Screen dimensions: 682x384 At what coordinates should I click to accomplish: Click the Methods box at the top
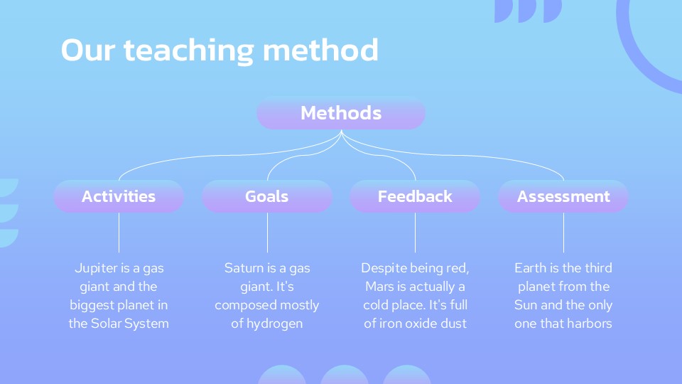coord(341,113)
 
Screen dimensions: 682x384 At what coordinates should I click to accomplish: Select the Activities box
coord(119,196)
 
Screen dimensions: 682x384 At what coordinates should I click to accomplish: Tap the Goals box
coord(267,196)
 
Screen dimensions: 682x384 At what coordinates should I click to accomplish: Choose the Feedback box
coord(415,196)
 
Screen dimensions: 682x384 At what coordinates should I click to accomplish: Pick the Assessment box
coord(563,196)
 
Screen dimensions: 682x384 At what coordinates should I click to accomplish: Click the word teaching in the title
coord(188,50)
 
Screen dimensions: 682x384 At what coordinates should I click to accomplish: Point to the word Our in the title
coord(88,50)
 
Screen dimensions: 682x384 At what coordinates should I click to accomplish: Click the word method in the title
coord(320,50)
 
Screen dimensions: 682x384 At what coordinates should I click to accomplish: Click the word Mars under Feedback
coord(379,287)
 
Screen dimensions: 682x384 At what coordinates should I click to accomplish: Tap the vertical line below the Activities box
coord(119,233)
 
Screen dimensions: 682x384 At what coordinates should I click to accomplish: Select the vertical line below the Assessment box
coord(563,233)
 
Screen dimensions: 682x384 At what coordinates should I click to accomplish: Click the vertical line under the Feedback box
coord(416,233)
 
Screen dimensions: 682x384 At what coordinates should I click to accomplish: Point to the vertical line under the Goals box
coord(268,233)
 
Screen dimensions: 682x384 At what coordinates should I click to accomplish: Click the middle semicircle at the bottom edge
coord(345,375)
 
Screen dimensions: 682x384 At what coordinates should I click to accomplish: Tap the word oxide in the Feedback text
coord(416,324)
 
